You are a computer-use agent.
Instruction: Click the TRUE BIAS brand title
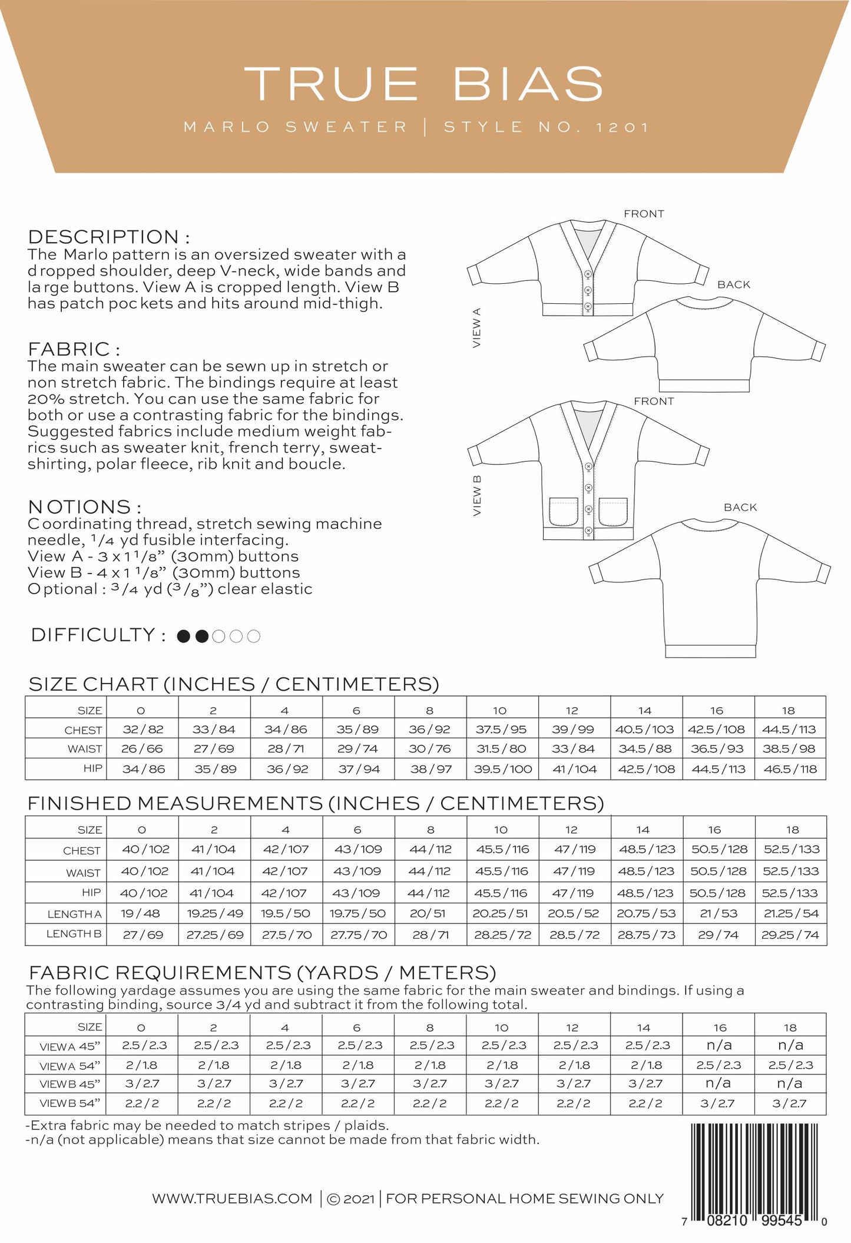click(424, 84)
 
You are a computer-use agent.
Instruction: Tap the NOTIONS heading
click(84, 507)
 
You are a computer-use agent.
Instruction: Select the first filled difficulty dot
click(184, 636)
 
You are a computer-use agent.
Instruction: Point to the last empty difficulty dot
click(254, 636)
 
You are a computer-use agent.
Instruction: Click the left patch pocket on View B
click(564, 511)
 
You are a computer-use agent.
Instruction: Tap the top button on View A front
click(587, 274)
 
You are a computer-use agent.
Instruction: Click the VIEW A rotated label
click(477, 327)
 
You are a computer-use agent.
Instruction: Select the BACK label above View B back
click(740, 507)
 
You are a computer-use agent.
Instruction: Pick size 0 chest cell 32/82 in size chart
click(143, 729)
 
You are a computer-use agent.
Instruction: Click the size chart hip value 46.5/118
click(789, 769)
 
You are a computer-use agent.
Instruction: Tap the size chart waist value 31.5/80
click(501, 749)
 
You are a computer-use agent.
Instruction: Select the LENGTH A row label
click(74, 914)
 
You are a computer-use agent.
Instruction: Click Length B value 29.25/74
click(790, 934)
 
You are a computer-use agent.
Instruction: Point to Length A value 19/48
click(143, 914)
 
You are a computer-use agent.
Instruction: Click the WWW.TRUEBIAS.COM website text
click(232, 1198)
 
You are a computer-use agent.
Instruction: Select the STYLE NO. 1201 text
click(546, 127)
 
